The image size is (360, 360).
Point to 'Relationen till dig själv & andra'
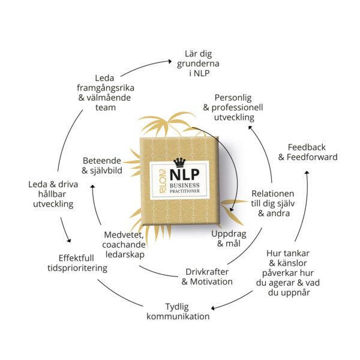click(272, 203)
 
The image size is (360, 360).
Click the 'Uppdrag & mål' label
click(229, 238)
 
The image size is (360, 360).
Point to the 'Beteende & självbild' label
click(106, 166)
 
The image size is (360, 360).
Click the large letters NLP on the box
click(180, 175)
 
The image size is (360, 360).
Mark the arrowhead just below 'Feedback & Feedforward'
click(307, 172)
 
